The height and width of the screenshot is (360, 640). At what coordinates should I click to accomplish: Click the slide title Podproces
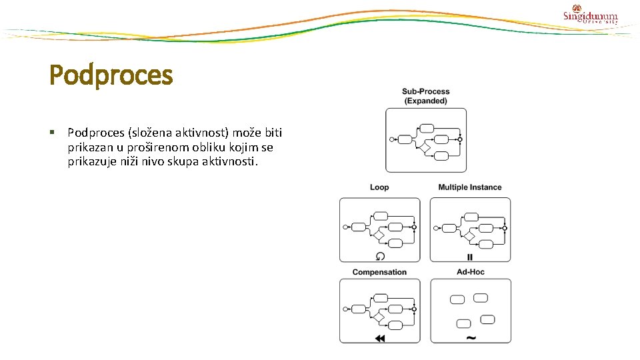(111, 75)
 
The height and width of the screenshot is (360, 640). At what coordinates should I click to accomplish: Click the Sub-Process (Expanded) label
(425, 96)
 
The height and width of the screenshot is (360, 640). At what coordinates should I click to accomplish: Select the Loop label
(379, 187)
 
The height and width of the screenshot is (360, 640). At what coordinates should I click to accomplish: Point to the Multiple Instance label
(470, 187)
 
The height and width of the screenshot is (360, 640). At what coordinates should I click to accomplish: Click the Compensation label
(379, 272)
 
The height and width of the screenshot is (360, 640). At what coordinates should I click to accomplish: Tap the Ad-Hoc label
(470, 272)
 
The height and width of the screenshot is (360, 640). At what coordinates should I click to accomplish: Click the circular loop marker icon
(380, 256)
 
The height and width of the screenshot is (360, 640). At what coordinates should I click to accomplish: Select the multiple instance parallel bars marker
(470, 257)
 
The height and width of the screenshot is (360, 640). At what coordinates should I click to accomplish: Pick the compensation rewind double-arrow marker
(380, 339)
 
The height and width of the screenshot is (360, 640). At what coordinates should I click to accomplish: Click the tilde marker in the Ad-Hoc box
(471, 338)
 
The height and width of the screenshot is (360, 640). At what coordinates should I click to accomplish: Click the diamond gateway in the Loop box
(379, 235)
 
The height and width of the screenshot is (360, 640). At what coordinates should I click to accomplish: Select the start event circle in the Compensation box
(345, 309)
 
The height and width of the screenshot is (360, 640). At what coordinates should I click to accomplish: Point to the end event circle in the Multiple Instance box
(505, 228)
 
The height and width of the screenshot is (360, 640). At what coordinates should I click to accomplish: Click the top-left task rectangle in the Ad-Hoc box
(457, 299)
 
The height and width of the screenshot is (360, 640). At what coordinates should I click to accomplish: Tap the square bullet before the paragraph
(52, 133)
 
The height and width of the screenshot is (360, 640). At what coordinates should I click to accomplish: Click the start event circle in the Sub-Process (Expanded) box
(391, 139)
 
